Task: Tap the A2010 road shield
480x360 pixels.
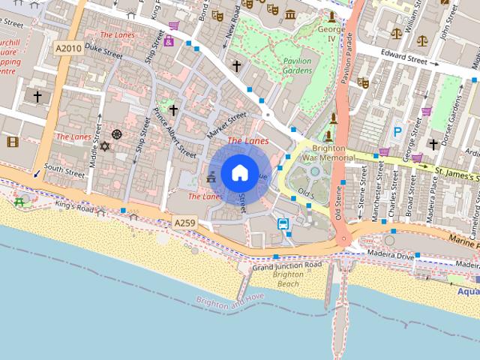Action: (x=68, y=48)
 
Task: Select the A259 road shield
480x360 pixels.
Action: (x=185, y=223)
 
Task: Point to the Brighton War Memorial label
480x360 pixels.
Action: (x=328, y=154)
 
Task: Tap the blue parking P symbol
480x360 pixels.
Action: (x=397, y=132)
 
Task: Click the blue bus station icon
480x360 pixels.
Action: (x=283, y=223)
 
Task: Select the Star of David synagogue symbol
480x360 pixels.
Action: (x=104, y=145)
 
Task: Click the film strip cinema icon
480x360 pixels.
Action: (x=12, y=141)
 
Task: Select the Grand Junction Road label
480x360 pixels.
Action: (x=287, y=265)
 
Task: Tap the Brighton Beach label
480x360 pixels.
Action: (x=288, y=279)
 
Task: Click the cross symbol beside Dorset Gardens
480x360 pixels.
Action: (x=433, y=144)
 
